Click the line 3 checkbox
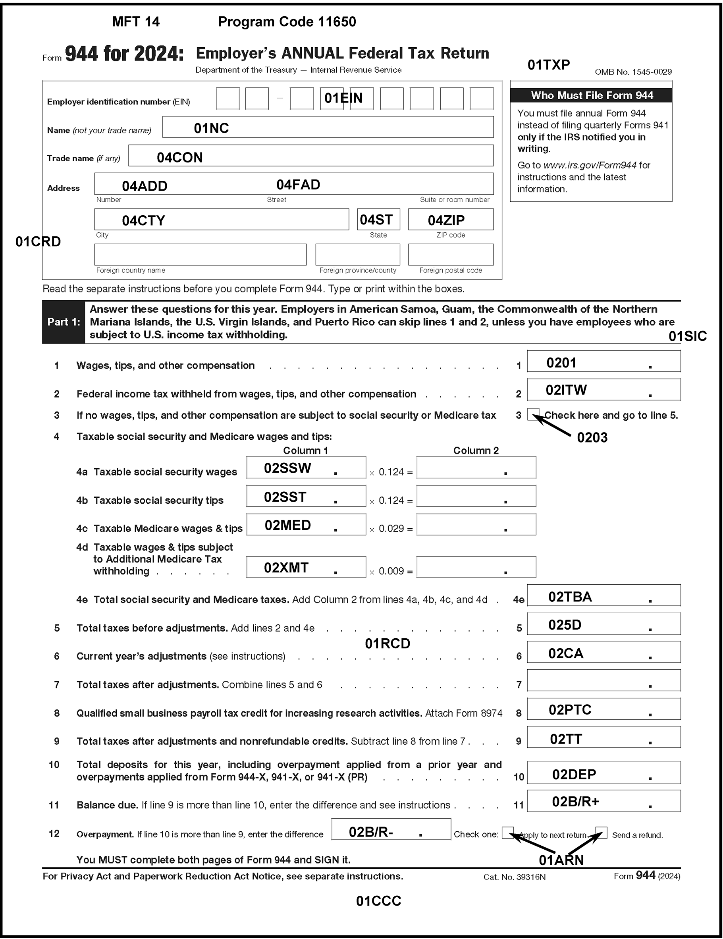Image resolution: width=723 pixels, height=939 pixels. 532,414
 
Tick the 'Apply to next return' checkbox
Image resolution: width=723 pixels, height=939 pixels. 508,833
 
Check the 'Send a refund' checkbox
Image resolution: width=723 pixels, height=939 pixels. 601,833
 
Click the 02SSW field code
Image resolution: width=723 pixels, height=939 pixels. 287,468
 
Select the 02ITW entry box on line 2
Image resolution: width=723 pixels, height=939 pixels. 603,390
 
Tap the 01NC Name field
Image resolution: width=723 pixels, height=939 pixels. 328,127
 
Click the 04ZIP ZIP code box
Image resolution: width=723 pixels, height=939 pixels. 451,219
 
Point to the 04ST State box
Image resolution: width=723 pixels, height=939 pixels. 378,219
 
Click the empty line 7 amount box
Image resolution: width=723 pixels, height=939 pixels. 603,680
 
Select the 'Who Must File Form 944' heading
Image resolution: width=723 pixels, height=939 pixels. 591,95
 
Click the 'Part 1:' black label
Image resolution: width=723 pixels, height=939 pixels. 64,322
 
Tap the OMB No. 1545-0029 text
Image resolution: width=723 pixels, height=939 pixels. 633,72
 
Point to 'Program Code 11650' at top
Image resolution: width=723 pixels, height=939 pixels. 287,22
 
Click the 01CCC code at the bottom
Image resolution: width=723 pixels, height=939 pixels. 378,901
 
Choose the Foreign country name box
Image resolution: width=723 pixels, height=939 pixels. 201,255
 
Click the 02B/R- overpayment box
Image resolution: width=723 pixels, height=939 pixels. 391,829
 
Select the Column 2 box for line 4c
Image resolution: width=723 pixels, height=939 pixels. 476,525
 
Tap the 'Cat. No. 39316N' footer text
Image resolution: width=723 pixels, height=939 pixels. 514,877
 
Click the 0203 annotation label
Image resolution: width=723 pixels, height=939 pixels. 592,438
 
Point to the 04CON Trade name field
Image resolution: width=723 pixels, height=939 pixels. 310,156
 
